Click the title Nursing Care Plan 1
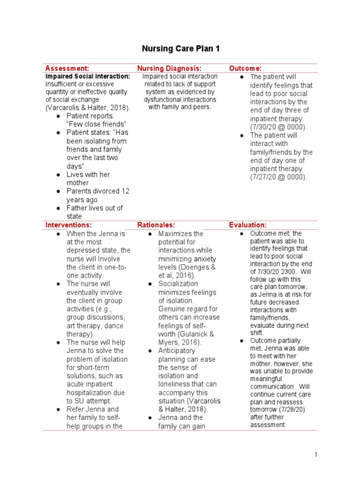180,49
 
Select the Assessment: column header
67,68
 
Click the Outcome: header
245,68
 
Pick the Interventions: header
68,225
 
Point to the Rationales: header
156,225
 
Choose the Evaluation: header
247,225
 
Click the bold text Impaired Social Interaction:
88,76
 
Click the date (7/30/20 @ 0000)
278,127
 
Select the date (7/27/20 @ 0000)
278,177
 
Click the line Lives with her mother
88,179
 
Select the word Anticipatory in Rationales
177,351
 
